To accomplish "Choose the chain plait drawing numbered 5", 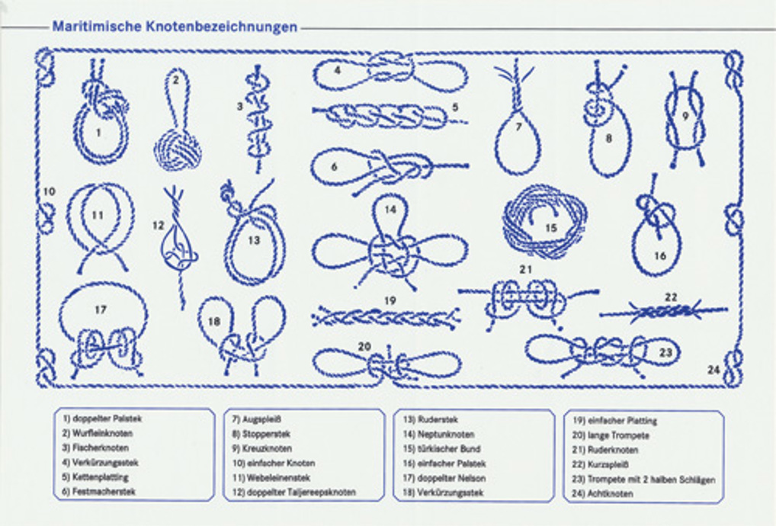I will tap(385, 117).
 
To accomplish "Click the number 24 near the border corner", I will tap(713, 370).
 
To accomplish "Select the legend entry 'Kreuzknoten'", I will tap(261, 448).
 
